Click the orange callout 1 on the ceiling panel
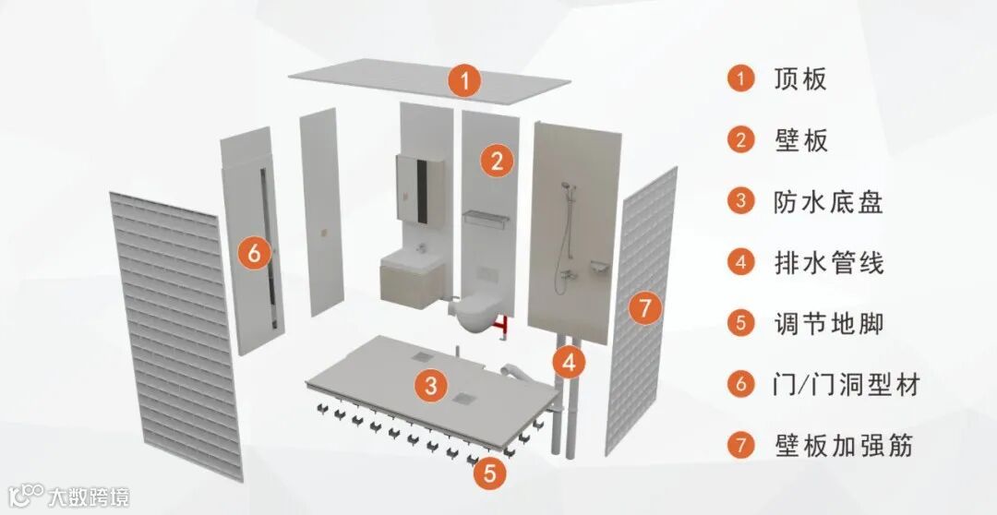464,80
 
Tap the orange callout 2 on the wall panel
497,161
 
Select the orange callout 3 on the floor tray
432,385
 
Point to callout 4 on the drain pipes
569,363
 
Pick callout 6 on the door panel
255,254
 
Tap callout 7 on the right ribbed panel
644,308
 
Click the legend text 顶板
800,79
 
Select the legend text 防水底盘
828,202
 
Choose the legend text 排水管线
828,263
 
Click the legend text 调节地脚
828,324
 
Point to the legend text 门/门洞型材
847,384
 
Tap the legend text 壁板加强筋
844,445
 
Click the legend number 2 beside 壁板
740,140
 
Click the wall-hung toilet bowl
478,312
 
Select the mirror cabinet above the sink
420,188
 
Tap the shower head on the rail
565,187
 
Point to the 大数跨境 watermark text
89,497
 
